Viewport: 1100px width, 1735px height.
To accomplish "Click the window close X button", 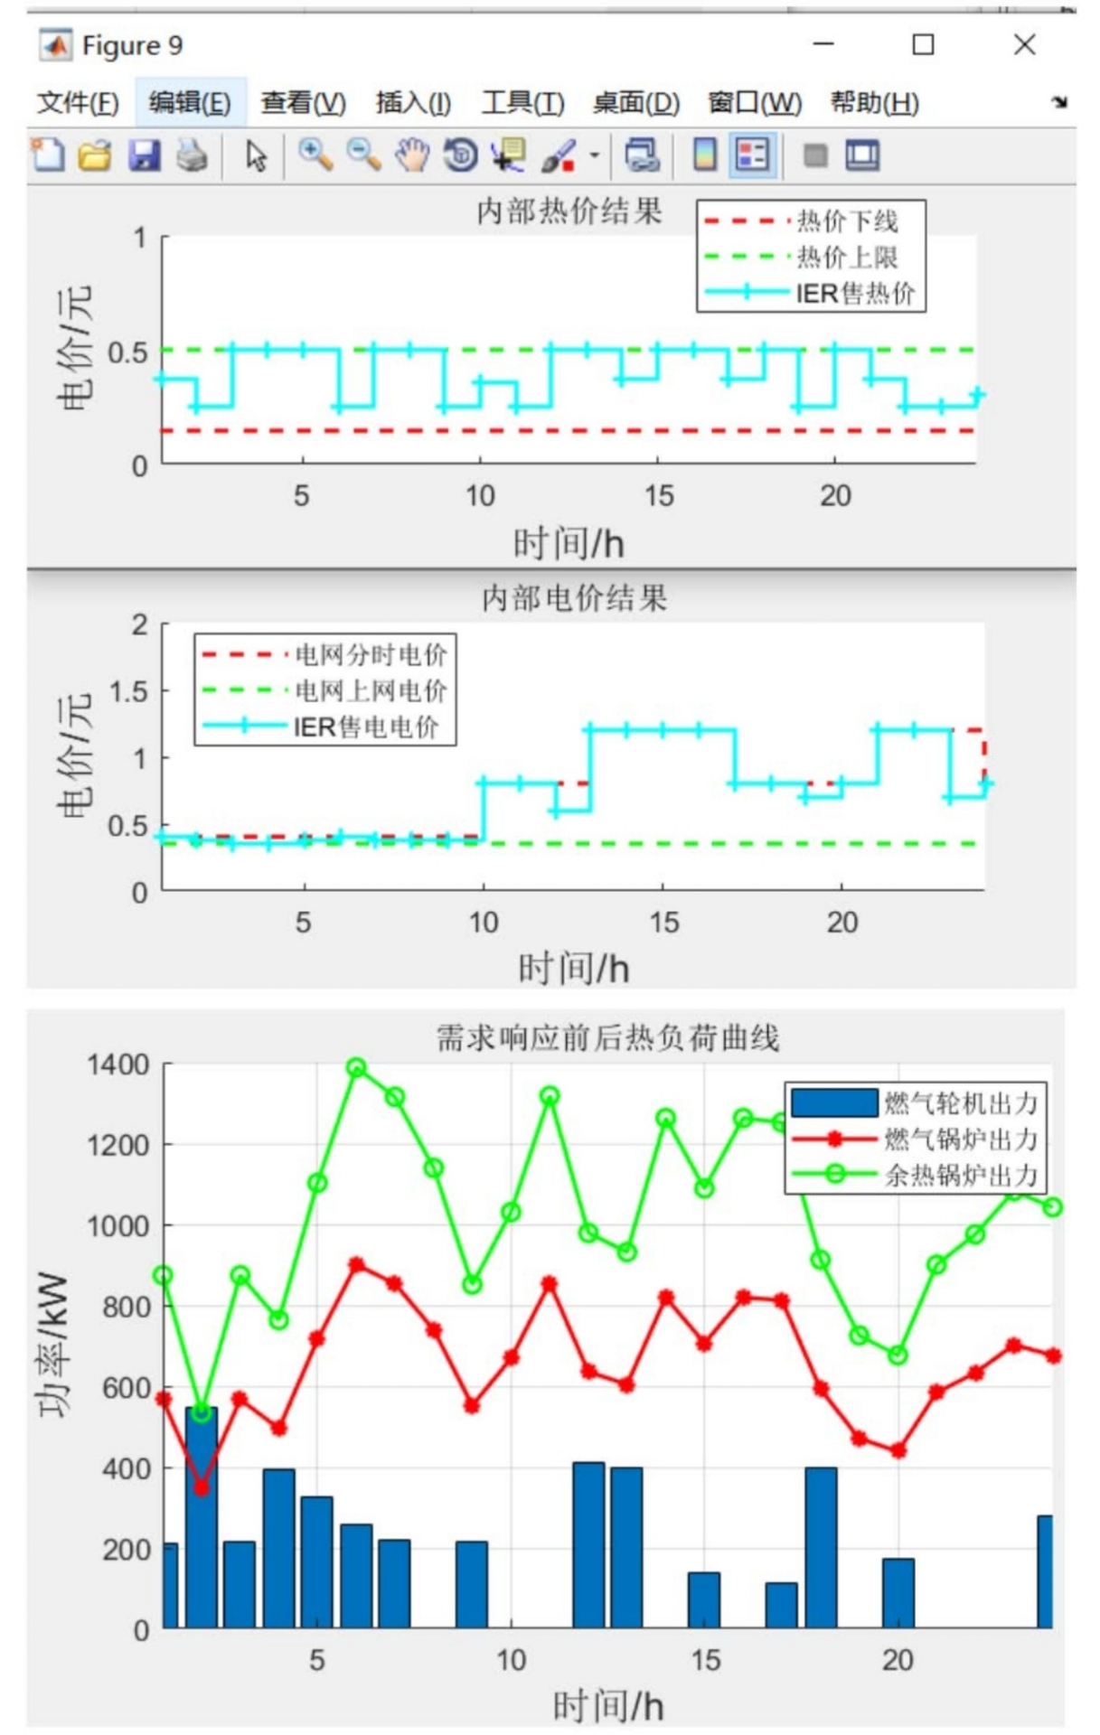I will pos(1024,44).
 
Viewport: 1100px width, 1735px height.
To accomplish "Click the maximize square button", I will pos(923,44).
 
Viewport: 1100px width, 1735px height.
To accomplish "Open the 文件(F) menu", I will pos(78,103).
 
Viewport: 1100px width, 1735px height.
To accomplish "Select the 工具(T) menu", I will pos(522,103).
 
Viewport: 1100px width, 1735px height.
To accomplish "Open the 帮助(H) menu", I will pos(874,103).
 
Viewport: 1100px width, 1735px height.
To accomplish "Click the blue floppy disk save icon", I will pos(144,155).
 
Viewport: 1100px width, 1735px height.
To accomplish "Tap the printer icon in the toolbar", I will pos(192,155).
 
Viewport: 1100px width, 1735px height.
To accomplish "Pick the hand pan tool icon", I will pos(412,155).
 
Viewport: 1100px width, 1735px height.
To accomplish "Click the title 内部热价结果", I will pos(569,211).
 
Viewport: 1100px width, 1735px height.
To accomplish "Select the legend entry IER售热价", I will pos(854,294).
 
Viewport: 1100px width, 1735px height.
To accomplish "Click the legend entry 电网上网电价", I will pos(371,691).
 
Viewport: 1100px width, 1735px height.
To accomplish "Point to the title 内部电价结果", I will pos(574,598).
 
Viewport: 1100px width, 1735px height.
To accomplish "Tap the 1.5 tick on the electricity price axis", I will pos(127,692).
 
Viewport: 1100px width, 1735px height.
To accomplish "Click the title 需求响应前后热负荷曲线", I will pos(607,1038).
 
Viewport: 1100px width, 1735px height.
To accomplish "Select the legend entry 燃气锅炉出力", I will pos(960,1139).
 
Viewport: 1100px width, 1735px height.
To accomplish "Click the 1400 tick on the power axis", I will pos(118,1065).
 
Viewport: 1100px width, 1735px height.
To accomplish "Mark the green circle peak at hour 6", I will pos(356,1068).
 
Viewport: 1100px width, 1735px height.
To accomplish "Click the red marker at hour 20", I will pos(898,1450).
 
